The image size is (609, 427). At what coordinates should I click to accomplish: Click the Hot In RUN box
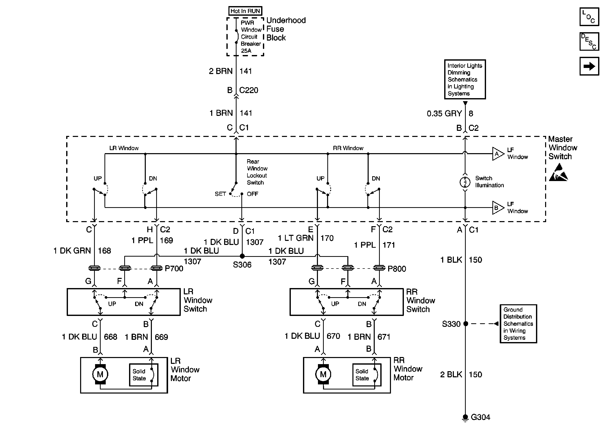(x=245, y=11)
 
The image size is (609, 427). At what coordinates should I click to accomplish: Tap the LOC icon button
(x=589, y=17)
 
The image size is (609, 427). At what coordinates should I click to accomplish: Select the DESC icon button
(x=589, y=41)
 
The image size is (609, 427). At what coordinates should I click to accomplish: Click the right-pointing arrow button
(x=589, y=66)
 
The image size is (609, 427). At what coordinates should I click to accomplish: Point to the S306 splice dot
(x=242, y=256)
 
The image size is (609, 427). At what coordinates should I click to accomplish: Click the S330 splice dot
(x=465, y=324)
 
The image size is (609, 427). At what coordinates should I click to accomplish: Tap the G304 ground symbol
(x=465, y=417)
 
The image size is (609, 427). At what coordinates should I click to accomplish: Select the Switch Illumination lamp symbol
(x=465, y=182)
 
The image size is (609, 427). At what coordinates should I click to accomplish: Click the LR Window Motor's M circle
(x=100, y=374)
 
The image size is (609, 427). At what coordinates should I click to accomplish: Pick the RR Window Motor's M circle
(x=323, y=374)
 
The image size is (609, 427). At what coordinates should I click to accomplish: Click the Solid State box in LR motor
(x=144, y=375)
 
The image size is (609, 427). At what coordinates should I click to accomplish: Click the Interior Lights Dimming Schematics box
(x=465, y=79)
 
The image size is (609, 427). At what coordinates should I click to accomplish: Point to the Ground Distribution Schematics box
(x=518, y=324)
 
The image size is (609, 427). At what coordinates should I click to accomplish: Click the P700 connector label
(x=174, y=269)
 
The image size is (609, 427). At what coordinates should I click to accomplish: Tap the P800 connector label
(x=397, y=269)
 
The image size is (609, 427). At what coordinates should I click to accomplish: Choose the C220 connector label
(x=248, y=91)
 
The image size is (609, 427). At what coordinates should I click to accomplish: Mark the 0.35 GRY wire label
(x=444, y=114)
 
